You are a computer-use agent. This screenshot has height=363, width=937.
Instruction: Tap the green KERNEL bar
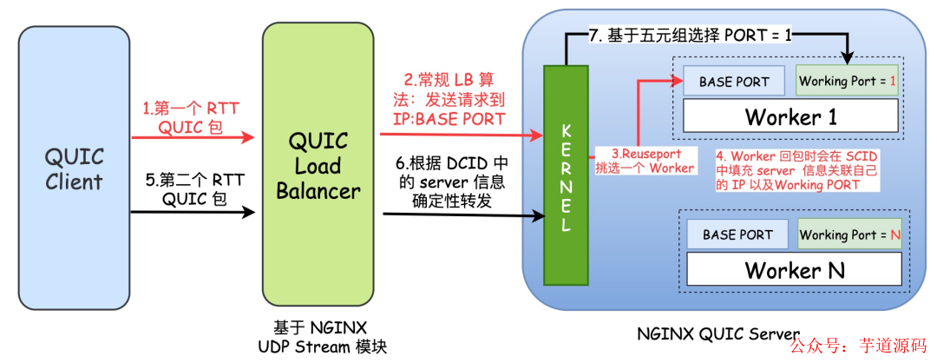566,175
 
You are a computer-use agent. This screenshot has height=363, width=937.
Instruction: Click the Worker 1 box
789,115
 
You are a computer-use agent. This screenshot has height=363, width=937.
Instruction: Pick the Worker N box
794,269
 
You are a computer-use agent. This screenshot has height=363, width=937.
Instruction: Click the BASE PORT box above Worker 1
733,82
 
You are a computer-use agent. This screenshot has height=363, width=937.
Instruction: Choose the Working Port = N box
849,234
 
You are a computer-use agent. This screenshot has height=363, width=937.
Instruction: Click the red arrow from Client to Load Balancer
191,136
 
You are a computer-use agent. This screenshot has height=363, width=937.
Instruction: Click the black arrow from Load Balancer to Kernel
460,217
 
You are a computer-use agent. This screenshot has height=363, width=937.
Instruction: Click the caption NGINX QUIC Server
717,332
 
